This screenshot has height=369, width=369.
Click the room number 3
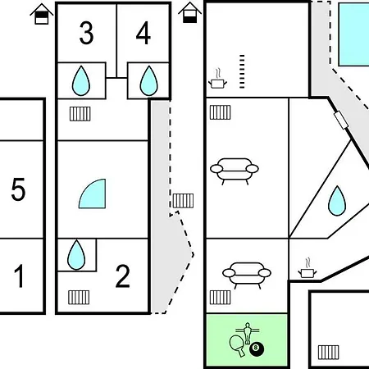86,33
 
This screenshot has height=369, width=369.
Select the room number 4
143,33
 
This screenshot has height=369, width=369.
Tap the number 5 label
18,189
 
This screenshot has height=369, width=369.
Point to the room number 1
19,276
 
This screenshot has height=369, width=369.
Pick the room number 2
122,276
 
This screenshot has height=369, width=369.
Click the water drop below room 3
81,81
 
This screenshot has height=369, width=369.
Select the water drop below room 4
148,81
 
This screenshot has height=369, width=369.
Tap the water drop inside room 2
76,255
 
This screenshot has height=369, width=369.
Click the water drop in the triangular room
337,201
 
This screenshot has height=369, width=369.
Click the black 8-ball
257,348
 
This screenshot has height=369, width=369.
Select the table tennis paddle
237,345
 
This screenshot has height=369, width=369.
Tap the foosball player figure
248,333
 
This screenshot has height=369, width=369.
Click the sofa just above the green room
247,275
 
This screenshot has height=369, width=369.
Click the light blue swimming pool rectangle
354,34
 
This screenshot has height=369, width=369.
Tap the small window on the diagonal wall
341,120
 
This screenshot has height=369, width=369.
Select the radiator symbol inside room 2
79,298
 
